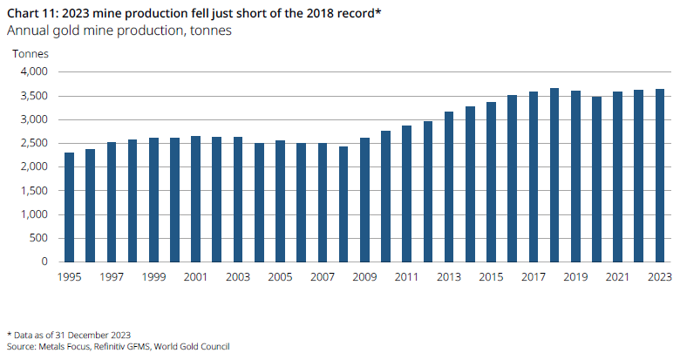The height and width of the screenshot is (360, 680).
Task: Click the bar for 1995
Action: pyautogui.click(x=69, y=207)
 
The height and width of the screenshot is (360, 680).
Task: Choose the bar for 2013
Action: pyautogui.click(x=449, y=187)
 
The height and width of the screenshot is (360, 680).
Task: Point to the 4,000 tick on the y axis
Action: pyautogui.click(x=34, y=72)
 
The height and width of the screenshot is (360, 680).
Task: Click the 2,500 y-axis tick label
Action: pyautogui.click(x=34, y=144)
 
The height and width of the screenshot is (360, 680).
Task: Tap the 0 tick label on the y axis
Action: pyautogui.click(x=45, y=262)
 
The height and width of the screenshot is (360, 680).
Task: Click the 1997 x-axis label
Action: pyautogui.click(x=111, y=276)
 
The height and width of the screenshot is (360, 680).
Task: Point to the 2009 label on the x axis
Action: pyautogui.click(x=364, y=276)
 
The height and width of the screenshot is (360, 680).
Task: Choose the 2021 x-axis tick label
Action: pyautogui.click(x=617, y=276)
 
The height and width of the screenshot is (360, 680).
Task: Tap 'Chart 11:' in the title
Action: pyautogui.click(x=34, y=12)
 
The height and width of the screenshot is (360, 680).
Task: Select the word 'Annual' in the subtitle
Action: pyautogui.click(x=26, y=31)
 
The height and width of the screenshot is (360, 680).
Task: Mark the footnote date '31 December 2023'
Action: pyautogui.click(x=95, y=334)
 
